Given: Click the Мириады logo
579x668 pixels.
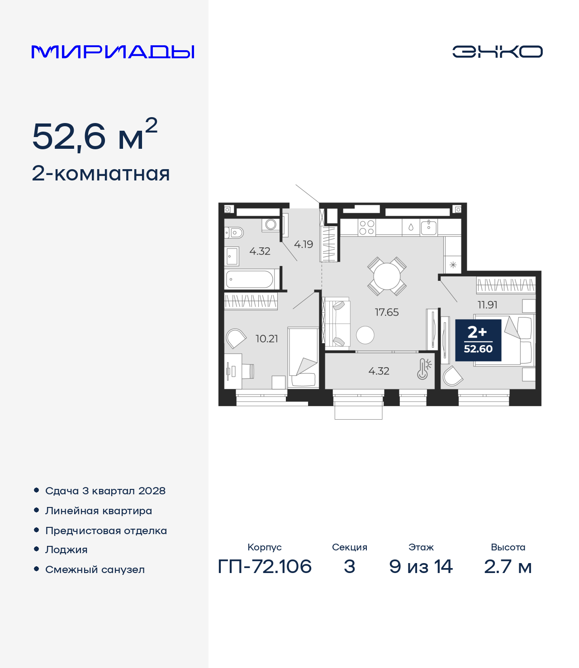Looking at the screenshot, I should click(x=113, y=52).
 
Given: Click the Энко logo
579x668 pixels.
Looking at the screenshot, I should click(x=497, y=52).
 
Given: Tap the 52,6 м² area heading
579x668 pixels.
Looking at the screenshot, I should click(x=95, y=135).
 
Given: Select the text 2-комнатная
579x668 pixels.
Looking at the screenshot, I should click(x=101, y=174).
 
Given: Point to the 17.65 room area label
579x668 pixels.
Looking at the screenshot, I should click(x=387, y=312).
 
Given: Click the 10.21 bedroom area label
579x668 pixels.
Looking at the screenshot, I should click(x=266, y=339).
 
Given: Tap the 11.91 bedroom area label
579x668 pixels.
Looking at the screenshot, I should click(x=487, y=305).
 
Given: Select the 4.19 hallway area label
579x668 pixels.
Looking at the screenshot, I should click(x=304, y=244).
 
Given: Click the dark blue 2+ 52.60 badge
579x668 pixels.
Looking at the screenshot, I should click(x=478, y=340).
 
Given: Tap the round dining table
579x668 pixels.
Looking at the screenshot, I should click(x=387, y=276).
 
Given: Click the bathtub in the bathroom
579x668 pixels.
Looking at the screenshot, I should click(x=250, y=279).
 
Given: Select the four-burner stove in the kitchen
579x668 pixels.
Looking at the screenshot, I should click(x=366, y=227).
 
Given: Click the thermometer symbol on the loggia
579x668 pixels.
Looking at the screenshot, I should click(x=423, y=369).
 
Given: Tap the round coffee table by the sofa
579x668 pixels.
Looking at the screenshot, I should click(x=365, y=335).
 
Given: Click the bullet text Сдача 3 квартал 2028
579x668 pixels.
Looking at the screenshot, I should click(x=105, y=491).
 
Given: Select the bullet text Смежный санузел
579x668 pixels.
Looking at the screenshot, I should click(x=95, y=569).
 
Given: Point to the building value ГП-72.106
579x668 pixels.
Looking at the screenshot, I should click(x=265, y=566).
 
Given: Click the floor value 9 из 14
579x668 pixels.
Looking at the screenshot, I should click(x=421, y=566).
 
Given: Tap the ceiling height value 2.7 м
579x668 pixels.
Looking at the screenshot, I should click(x=508, y=566).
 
